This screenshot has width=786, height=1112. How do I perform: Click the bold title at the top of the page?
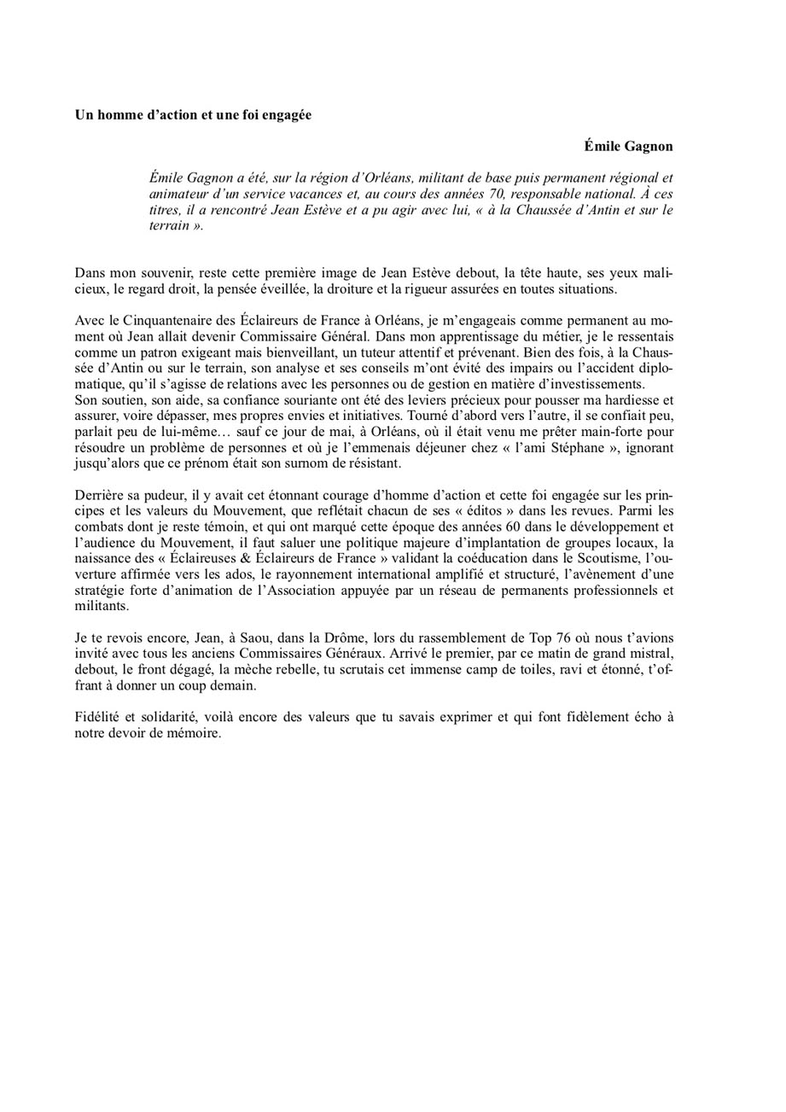coord(193,114)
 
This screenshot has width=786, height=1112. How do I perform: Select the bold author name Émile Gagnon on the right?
coord(628,146)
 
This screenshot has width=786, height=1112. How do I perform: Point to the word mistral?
coord(650,654)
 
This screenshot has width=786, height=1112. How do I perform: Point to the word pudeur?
coord(162,494)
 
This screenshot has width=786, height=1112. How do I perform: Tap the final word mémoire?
coord(195,733)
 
